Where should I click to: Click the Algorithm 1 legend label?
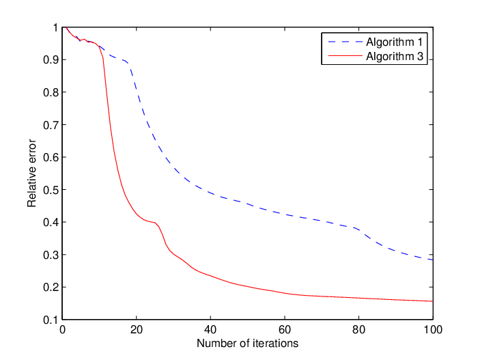coord(395,42)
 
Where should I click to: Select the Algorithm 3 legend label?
coord(395,56)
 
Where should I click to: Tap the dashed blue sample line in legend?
coord(345,42)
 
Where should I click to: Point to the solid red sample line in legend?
coord(345,56)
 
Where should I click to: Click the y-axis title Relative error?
coord(31,174)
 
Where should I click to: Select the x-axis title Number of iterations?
coord(247,343)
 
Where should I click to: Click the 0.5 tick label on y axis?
coord(51,190)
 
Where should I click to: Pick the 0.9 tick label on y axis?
coord(51,60)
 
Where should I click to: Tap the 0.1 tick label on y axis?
coord(51,320)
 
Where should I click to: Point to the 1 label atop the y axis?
coord(55,27)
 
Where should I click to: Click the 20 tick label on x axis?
coord(137,330)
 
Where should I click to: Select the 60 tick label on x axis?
coord(285,330)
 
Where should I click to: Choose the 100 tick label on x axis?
coord(433,330)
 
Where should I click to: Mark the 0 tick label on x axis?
coord(62,330)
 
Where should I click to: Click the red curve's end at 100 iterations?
coord(432,301)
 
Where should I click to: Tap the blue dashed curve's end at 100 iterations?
coord(432,260)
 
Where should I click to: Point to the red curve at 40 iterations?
coord(210,276)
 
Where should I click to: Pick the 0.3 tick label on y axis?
coord(51,255)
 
